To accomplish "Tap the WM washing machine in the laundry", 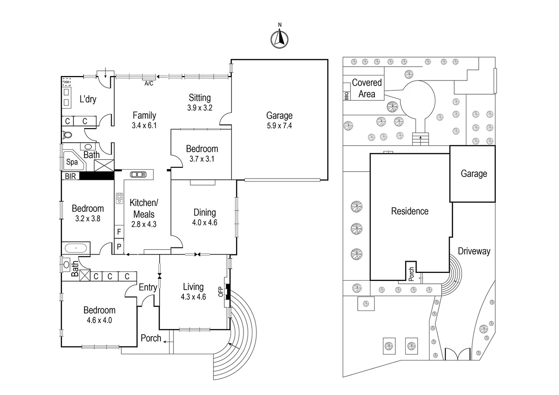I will tap(66, 82).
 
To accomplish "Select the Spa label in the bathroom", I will tap(72, 162).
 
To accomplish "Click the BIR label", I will tap(70, 176).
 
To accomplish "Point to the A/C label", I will tap(149, 83).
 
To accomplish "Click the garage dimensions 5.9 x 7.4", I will tap(279, 126).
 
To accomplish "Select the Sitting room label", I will tap(200, 98).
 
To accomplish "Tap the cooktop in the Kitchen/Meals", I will tap(119, 198).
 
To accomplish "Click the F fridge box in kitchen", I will tap(119, 232).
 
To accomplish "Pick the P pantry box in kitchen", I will tap(119, 247).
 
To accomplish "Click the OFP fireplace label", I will tap(221, 291).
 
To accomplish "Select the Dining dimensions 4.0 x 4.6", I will tap(205, 222).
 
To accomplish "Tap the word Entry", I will tap(148, 287).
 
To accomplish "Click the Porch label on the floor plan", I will tap(151, 338).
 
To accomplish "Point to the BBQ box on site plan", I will tap(346, 96).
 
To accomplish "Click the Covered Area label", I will tap(366, 88).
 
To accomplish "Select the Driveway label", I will tap(474, 251).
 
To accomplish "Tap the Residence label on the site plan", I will tap(410, 211).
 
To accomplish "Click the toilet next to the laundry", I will tap(67, 135).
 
